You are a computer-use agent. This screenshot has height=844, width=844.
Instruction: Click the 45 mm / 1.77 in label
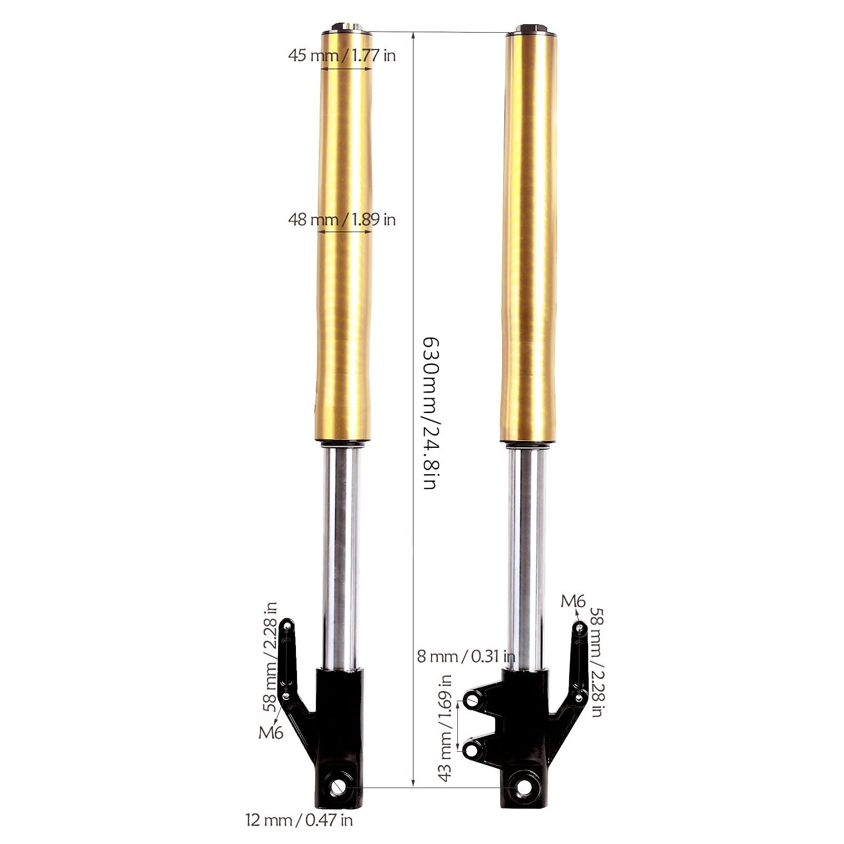click(342, 55)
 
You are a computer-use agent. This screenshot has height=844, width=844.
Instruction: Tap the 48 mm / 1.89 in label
click(342, 219)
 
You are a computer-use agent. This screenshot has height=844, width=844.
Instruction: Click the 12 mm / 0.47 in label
click(299, 820)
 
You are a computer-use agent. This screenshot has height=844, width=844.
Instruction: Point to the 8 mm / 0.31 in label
click(466, 656)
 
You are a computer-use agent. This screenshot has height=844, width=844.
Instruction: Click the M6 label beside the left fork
click(271, 732)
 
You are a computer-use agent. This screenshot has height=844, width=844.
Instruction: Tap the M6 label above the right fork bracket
click(573, 601)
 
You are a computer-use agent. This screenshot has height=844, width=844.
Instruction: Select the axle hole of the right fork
click(524, 788)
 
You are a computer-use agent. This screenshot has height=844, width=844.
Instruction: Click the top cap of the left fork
click(346, 27)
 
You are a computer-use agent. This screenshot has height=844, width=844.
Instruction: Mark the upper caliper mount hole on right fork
click(471, 701)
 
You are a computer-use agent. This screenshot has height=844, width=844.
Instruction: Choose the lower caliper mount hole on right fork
click(471, 748)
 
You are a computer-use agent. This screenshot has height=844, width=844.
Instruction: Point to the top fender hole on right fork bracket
click(580, 627)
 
